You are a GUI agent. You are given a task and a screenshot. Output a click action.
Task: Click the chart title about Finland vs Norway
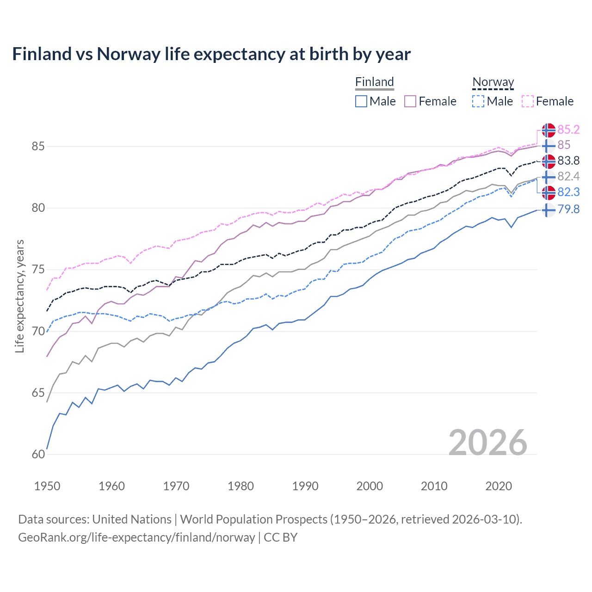click(211, 54)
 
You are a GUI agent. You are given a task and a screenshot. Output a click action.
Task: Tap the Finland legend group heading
click(374, 82)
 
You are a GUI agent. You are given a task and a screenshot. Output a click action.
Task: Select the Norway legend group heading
click(493, 82)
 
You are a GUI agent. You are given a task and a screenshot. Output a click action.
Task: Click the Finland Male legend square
click(361, 101)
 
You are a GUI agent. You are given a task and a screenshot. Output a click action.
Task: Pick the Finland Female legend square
click(411, 101)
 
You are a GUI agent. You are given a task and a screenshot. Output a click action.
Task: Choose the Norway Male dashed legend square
click(479, 101)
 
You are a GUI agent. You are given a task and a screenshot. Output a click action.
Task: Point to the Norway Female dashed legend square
click(528, 101)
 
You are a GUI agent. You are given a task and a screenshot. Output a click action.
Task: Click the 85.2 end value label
click(568, 129)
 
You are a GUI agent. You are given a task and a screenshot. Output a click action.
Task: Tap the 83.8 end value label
click(568, 160)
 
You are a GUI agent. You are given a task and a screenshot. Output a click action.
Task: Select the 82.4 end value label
click(568, 176)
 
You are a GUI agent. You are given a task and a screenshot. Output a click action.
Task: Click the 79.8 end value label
click(568, 209)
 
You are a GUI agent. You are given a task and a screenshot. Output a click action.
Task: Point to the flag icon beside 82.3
click(548, 192)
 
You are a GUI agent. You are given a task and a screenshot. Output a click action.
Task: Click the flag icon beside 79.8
click(548, 210)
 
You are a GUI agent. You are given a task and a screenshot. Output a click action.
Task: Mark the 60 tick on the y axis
click(38, 454)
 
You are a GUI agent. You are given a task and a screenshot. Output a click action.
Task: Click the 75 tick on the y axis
click(38, 270)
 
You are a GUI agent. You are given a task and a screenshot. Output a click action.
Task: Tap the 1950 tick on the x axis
click(47, 486)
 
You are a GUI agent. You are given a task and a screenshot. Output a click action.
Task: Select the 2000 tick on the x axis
click(369, 486)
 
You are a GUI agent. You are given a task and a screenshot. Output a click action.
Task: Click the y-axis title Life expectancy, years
click(19, 296)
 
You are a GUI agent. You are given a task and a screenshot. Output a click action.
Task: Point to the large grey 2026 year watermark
click(487, 443)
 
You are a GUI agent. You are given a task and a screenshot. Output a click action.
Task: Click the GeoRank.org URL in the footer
click(136, 537)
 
